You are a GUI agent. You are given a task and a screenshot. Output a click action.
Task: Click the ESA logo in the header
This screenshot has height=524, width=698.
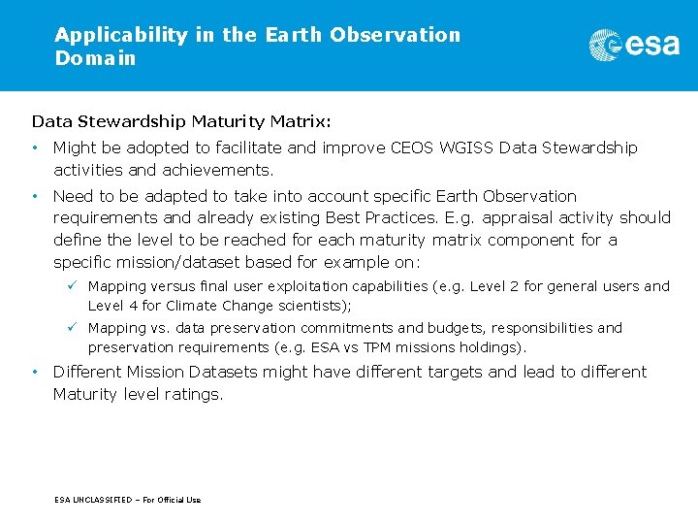tap(634, 45)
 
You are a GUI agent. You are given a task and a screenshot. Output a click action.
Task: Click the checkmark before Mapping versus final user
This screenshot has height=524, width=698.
tap(72, 285)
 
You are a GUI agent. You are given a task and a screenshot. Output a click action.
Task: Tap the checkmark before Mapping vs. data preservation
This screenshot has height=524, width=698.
tap(72, 327)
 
